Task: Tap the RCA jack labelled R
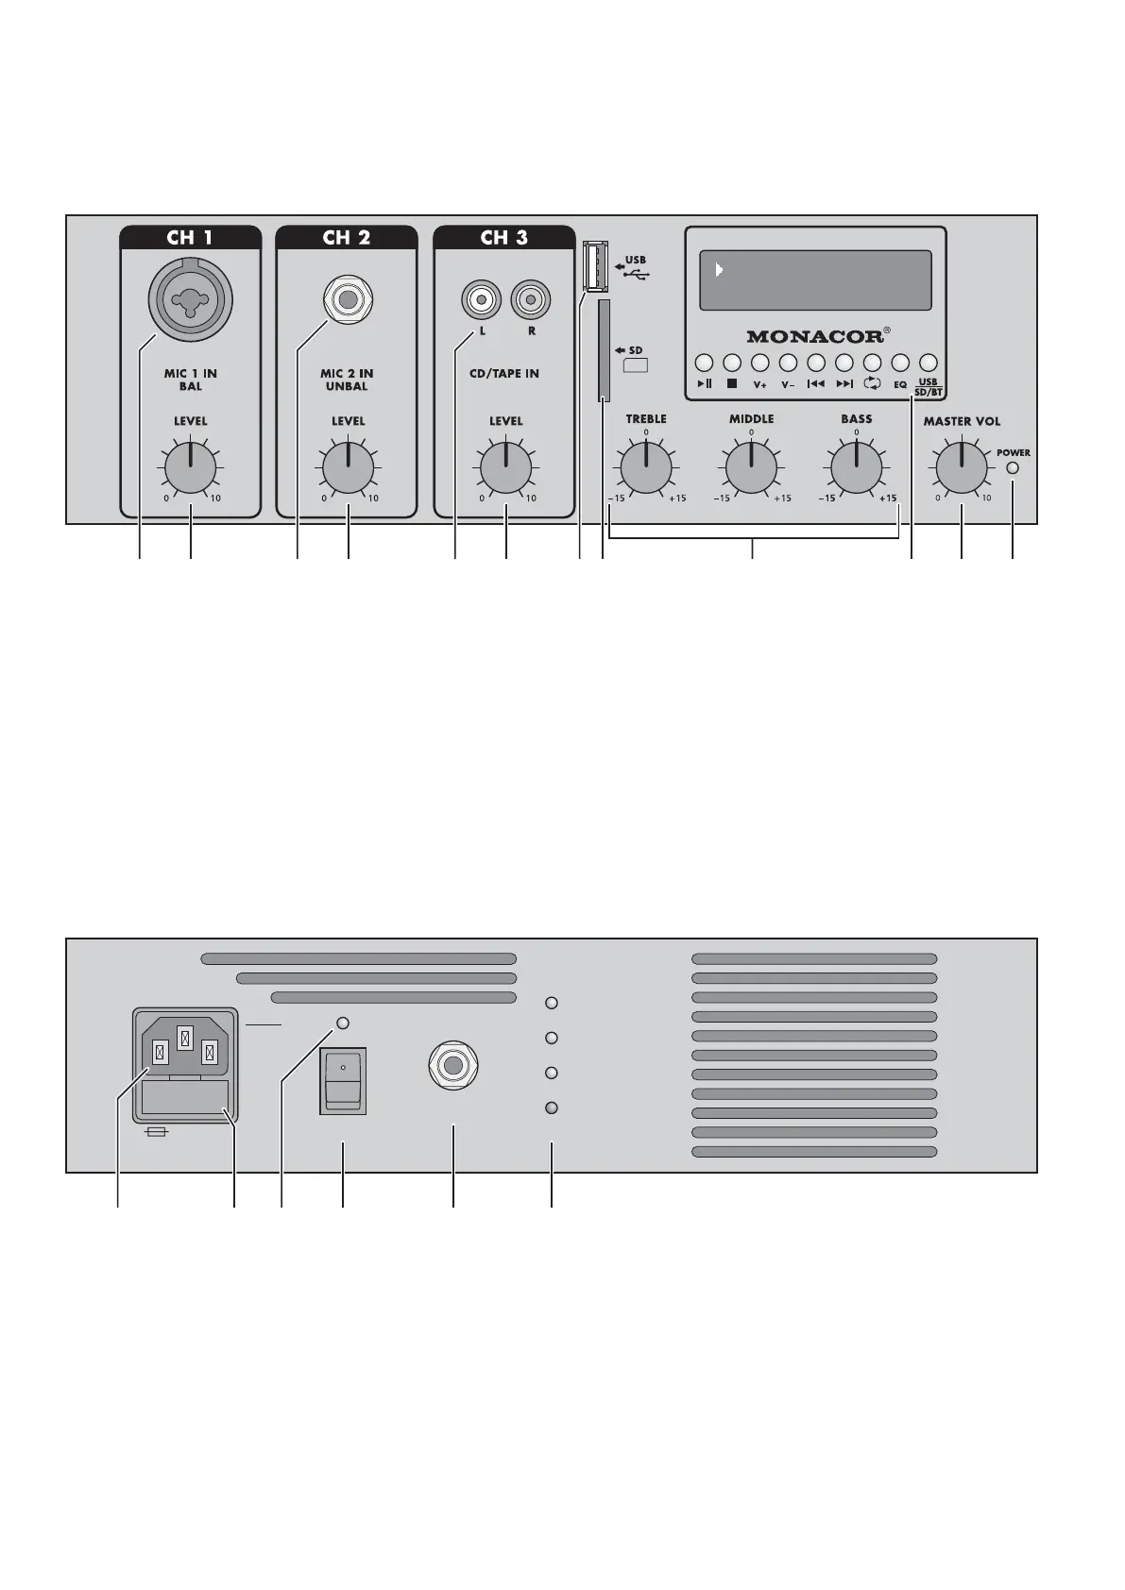click(531, 301)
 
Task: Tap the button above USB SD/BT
click(929, 363)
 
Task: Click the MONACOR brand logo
click(815, 336)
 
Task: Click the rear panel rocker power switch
click(343, 1080)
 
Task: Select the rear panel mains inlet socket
click(185, 1044)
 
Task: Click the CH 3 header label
click(504, 237)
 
